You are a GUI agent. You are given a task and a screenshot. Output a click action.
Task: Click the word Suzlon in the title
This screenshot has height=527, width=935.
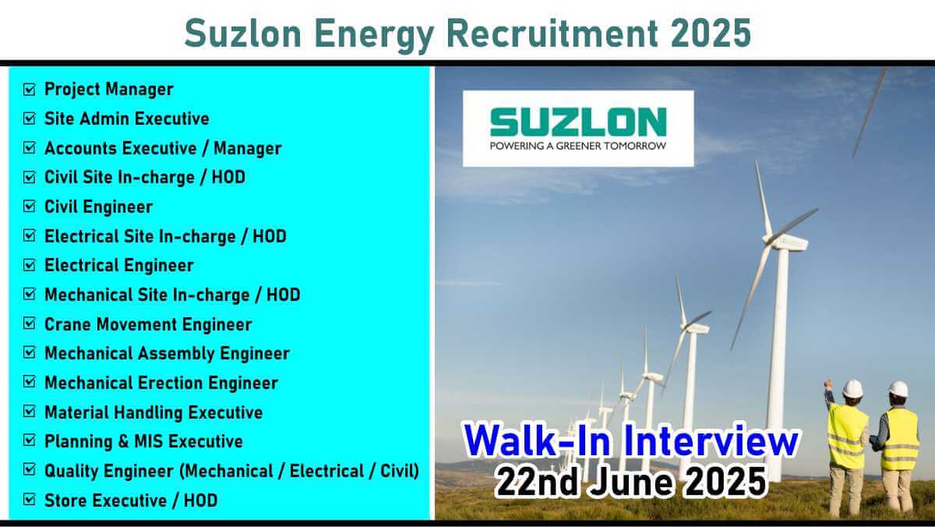(x=242, y=34)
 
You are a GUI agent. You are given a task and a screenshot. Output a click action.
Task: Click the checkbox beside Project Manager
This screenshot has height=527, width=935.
(x=30, y=89)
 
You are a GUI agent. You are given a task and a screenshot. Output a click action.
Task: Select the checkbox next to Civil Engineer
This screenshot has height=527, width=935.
(x=30, y=207)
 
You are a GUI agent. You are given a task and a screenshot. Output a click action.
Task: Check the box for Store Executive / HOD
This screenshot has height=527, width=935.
(x=30, y=500)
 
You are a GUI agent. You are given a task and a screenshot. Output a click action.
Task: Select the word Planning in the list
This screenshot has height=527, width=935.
(x=79, y=442)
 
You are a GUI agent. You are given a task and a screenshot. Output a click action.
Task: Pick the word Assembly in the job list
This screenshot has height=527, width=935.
(x=176, y=354)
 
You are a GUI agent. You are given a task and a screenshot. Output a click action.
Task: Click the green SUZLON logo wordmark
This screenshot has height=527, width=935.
(x=578, y=122)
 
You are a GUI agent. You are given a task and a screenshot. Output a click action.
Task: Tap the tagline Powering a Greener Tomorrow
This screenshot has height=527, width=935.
(x=578, y=146)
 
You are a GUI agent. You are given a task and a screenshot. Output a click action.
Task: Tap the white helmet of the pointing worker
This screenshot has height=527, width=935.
(x=852, y=388)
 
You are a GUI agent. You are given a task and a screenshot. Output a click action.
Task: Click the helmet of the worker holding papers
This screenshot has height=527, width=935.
(x=898, y=389)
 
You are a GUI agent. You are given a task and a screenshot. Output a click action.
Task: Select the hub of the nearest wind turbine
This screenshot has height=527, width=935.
(x=767, y=239)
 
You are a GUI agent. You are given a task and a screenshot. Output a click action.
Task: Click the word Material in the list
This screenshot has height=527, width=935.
(x=78, y=412)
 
